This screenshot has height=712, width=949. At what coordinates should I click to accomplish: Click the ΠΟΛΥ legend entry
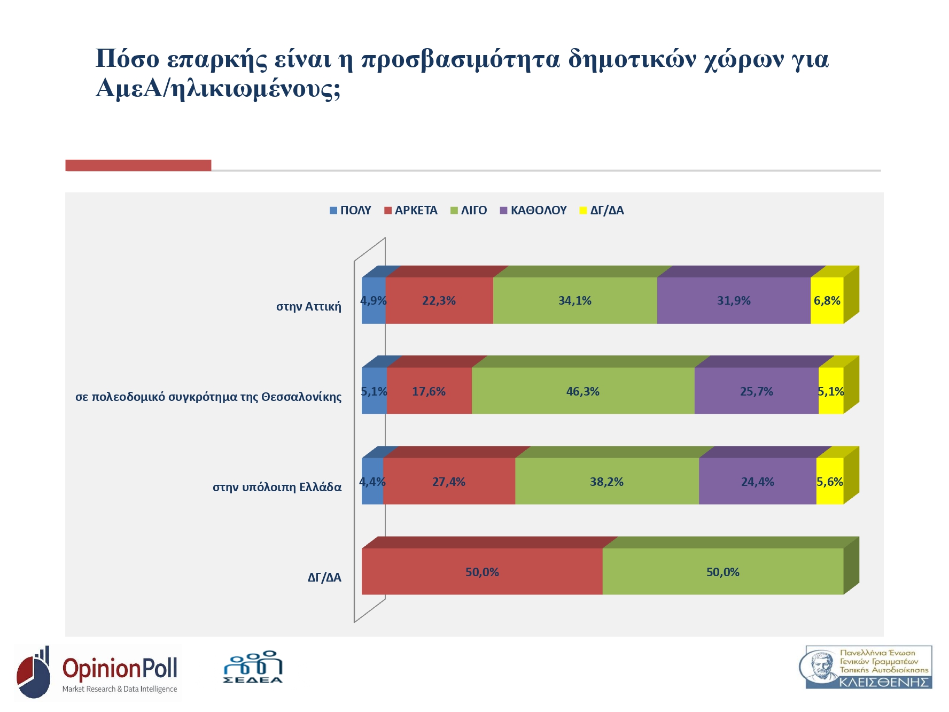pos(351,211)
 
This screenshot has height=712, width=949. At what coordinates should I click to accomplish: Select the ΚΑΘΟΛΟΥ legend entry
pos(533,211)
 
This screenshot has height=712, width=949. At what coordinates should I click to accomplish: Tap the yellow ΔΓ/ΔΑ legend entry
pos(602,211)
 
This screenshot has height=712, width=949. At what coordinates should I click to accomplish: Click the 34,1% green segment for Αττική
pos(575,300)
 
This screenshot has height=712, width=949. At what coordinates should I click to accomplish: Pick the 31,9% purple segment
pos(734,300)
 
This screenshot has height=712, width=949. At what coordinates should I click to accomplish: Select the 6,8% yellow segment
pos(827,300)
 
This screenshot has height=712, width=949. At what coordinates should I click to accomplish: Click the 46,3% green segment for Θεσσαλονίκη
pos(583,391)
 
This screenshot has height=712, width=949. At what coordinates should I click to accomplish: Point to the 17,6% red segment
pos(429,391)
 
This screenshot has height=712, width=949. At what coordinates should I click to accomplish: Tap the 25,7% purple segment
pos(756,391)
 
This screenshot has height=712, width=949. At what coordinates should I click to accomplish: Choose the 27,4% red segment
pos(449,482)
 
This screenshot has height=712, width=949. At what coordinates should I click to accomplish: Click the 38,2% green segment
pos(606,482)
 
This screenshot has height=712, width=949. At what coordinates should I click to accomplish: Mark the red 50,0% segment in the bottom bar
pos(482,572)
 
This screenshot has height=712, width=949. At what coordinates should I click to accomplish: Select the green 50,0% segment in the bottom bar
pos(722,572)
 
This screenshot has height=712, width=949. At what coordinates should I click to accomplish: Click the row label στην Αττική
pos(308,306)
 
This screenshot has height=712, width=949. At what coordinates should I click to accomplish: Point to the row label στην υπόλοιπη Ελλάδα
pos(277,487)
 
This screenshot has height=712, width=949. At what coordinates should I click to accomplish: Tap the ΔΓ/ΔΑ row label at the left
pos(324,577)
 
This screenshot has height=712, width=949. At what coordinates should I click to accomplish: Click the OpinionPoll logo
pos(98,672)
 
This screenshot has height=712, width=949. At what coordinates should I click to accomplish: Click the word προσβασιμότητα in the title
pos(461,59)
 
